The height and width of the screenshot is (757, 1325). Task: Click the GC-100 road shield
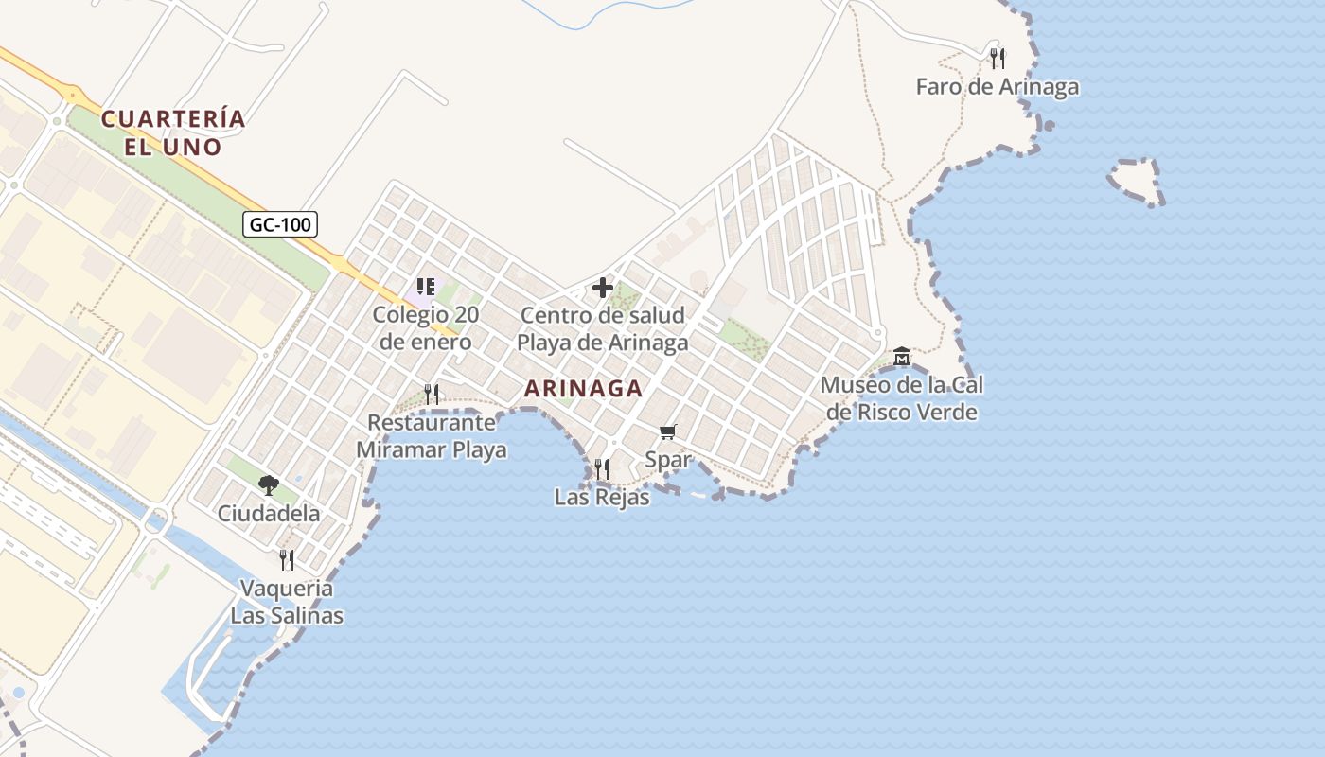pos(280,224)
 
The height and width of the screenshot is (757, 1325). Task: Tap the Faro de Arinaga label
pos(997,87)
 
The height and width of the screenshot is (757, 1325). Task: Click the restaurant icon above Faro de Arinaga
pos(997,59)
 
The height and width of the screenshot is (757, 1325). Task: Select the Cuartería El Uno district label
pos(173,132)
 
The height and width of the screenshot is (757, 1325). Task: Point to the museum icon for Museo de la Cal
pos(901,357)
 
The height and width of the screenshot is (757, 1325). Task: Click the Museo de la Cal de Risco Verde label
pos(902,398)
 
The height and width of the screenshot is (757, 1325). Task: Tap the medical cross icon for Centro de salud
pos(603,288)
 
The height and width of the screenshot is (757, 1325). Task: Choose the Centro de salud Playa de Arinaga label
pos(602,328)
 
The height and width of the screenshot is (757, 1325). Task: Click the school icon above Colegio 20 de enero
pos(426,286)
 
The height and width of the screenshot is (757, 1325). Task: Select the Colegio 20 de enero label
pos(426,327)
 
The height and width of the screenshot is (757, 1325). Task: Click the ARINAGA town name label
pos(583,388)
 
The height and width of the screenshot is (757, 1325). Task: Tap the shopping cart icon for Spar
pos(668,432)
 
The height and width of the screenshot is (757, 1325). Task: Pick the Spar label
pos(668,461)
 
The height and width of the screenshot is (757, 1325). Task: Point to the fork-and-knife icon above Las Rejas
pos(601,467)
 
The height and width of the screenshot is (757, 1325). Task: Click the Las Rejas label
pos(602,497)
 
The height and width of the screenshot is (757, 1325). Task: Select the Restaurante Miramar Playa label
pos(432,436)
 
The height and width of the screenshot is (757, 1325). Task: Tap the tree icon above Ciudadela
pos(269,485)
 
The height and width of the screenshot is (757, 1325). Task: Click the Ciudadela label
pos(269,514)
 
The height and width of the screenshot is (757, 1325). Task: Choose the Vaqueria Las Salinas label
pos(287,602)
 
